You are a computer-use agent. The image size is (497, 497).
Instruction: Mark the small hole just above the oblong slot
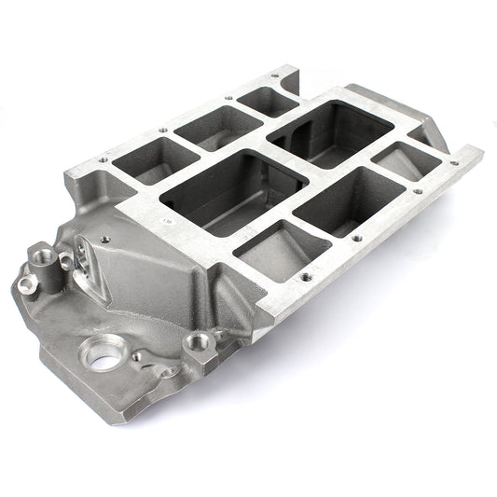click(103, 239)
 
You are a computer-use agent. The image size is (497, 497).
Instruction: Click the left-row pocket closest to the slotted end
click(143, 159)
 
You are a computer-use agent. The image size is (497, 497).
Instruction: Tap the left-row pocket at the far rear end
click(267, 100)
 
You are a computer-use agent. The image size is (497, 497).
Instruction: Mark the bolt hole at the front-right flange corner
click(305, 277)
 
